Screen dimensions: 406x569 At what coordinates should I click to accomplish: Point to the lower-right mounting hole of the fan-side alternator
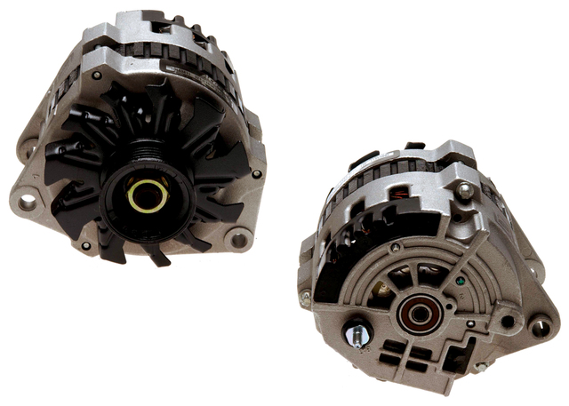[x=238, y=237]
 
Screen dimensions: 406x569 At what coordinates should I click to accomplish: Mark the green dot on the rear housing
[x=457, y=283]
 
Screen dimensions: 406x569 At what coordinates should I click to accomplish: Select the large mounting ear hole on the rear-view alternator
[x=540, y=326]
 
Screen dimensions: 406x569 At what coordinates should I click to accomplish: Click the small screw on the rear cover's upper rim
[x=462, y=190]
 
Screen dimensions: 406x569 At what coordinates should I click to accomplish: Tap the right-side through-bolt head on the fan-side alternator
[x=256, y=174]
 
